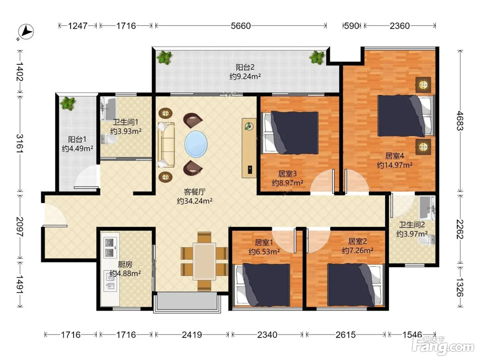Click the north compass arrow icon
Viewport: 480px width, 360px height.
pos(26,32)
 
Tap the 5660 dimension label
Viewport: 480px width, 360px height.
pos(241,26)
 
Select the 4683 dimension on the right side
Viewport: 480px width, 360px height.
pos(460,121)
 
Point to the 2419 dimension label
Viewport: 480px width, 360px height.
pos(192,335)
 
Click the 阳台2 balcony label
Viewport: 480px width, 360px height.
pos(245,67)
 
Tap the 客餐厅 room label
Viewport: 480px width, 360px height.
pos(194,192)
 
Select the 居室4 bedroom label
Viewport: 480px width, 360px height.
pos(395,156)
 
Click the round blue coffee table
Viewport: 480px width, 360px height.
pos(196,144)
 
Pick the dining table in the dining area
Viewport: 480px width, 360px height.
pos(204,261)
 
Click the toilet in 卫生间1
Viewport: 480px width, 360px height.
pos(109,139)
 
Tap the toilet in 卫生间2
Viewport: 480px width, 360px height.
pos(427,240)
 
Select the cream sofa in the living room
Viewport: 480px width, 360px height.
pos(166,145)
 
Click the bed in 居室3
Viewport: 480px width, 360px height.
pos(290,132)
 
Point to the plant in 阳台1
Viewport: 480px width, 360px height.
pos(68,104)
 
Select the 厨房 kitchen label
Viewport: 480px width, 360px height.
pos(125,264)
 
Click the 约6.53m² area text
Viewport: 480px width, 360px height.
pos(264,252)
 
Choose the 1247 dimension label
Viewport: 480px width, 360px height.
pos(77,26)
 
